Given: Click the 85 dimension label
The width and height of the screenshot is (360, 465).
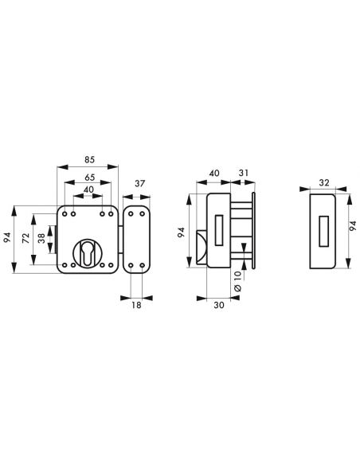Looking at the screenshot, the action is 89,159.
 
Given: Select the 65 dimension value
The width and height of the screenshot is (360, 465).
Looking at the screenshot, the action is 89,178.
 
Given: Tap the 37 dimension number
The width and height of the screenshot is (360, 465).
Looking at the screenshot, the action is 139,184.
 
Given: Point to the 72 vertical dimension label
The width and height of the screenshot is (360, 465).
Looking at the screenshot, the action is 26,238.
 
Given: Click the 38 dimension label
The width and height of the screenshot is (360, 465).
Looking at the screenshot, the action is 41,238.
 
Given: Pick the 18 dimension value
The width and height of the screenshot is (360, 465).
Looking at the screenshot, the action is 136,305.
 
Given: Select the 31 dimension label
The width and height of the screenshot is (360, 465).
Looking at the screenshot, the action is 244,173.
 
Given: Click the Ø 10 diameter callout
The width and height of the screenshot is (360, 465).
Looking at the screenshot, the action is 238,281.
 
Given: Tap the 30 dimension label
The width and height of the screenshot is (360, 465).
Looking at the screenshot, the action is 219,305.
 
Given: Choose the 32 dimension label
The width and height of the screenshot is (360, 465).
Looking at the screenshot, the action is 324,182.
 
